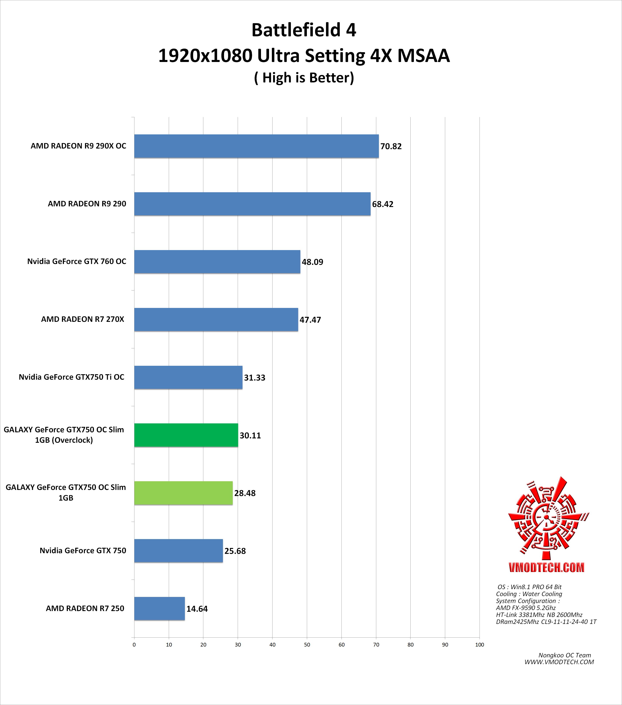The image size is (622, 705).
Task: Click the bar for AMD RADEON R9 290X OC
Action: click(256, 146)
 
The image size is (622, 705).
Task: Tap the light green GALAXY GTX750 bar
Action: click(183, 493)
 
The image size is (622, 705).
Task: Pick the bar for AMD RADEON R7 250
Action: click(159, 608)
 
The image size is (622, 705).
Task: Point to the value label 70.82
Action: click(391, 147)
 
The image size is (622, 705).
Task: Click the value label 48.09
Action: click(312, 262)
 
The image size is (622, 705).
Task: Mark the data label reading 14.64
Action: click(197, 609)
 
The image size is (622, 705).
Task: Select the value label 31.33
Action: click(255, 378)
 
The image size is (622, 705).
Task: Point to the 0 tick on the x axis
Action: click(134, 645)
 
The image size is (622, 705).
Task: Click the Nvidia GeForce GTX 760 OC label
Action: click(77, 261)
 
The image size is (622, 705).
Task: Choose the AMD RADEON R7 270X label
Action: click(82, 319)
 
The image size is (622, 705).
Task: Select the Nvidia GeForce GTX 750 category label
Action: click(83, 550)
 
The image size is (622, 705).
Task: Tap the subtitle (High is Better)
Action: click(304, 78)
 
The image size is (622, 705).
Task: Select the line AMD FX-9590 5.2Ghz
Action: click(526, 608)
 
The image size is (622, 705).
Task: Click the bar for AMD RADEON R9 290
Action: click(252, 204)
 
